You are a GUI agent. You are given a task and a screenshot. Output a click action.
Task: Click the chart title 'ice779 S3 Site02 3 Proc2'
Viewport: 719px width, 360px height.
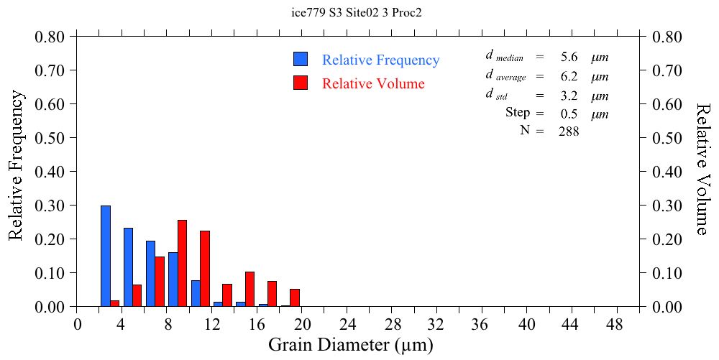point(360,12)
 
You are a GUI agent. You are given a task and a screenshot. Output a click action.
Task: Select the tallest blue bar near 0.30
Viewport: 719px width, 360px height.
point(106,256)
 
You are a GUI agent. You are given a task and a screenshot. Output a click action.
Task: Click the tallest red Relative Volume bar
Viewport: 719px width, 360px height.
point(182,263)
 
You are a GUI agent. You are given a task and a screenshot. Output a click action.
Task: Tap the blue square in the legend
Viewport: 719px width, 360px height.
point(301,60)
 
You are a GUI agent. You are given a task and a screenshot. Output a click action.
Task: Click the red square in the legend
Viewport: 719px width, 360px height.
point(301,83)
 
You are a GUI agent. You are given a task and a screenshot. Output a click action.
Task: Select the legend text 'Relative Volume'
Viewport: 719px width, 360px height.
point(373,83)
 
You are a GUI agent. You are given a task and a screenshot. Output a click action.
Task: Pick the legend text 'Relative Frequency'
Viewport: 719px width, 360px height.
point(380,60)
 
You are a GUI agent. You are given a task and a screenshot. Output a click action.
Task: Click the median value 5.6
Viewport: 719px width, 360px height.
point(569,57)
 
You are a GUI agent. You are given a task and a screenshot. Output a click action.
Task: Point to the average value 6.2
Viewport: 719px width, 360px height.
point(569,76)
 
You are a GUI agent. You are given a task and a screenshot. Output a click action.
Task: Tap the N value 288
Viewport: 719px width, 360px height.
point(569,131)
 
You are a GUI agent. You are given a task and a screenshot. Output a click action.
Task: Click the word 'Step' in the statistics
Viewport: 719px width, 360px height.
point(518,113)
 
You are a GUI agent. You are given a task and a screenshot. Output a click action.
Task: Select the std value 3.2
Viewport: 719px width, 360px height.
point(569,96)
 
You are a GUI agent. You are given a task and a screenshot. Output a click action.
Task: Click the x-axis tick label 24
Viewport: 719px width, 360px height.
point(347,324)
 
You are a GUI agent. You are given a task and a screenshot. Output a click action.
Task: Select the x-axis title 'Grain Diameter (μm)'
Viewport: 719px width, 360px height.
point(351,345)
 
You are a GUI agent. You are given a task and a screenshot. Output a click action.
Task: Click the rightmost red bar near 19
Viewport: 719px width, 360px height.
point(295,297)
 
